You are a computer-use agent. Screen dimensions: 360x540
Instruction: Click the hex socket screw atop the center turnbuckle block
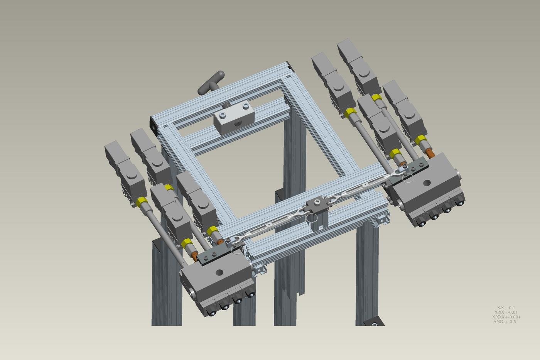317,202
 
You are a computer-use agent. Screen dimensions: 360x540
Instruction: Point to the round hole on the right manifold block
427,183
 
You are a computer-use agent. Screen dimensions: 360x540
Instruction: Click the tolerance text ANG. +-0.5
505,321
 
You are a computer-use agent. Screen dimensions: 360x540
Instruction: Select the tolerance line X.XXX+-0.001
506,317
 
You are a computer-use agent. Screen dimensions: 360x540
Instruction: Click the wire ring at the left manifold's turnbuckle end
236,250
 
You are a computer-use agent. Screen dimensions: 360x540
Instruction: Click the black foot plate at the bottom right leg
374,321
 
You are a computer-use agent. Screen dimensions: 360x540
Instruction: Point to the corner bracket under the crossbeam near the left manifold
260,270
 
